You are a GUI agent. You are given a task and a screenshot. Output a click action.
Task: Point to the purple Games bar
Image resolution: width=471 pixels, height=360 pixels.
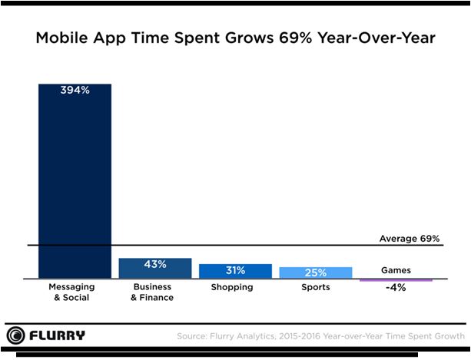396,279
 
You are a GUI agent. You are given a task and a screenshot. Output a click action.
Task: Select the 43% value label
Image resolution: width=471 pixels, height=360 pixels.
154,265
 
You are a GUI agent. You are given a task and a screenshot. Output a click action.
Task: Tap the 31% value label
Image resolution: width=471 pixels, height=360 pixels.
235,270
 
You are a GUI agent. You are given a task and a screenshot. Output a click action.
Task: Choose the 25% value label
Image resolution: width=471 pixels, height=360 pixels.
315,272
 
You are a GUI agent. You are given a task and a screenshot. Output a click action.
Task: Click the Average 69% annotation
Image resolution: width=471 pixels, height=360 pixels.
409,239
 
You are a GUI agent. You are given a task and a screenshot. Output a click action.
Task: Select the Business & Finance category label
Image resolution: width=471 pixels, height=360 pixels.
154,292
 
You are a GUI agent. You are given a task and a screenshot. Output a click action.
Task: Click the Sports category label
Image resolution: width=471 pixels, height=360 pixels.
315,287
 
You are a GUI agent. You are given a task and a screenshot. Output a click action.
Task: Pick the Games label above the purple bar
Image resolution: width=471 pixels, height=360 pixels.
396,270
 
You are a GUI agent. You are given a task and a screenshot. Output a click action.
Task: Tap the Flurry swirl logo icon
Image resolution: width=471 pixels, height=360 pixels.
15,335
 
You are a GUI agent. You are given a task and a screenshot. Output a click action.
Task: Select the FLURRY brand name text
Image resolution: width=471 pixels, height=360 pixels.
58,335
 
